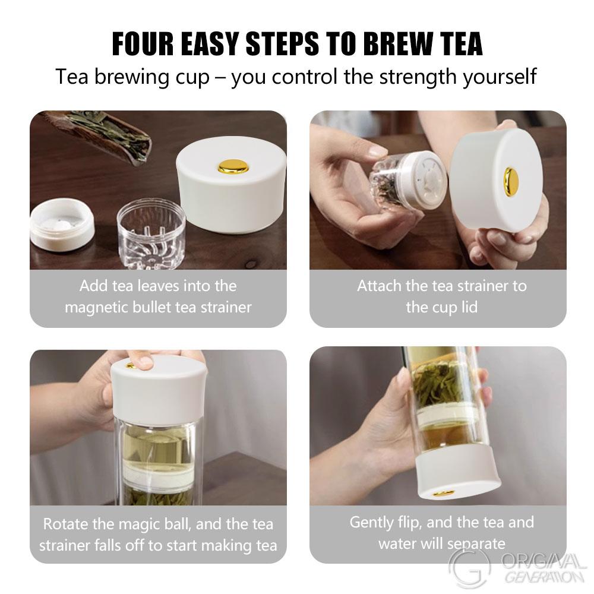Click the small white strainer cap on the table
point(61,225)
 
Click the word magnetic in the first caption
point(101,307)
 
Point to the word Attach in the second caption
point(379,286)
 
